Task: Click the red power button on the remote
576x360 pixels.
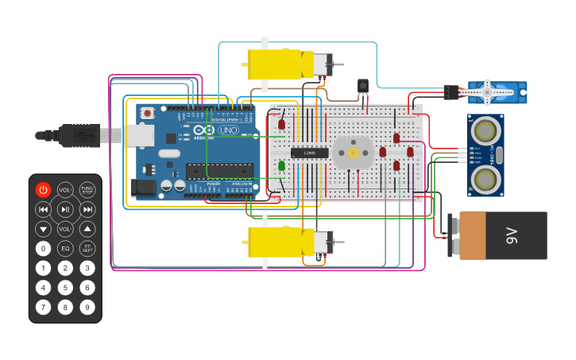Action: (x=43, y=190)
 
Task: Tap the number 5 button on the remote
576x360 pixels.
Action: (x=65, y=287)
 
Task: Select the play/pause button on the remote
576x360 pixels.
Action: (x=65, y=210)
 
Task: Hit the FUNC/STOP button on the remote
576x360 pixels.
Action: (x=87, y=190)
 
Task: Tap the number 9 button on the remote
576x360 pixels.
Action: (x=87, y=307)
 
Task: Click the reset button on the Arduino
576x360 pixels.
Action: (x=147, y=114)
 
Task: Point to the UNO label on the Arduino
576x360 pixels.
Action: (x=228, y=130)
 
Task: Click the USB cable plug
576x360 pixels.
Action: (x=79, y=135)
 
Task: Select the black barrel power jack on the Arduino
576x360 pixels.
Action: (x=144, y=188)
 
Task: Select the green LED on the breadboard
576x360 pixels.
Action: (x=281, y=165)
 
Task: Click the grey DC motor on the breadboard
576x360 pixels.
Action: (x=354, y=153)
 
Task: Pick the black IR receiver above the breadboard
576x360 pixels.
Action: (x=363, y=86)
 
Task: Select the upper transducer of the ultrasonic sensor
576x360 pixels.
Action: (x=485, y=129)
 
